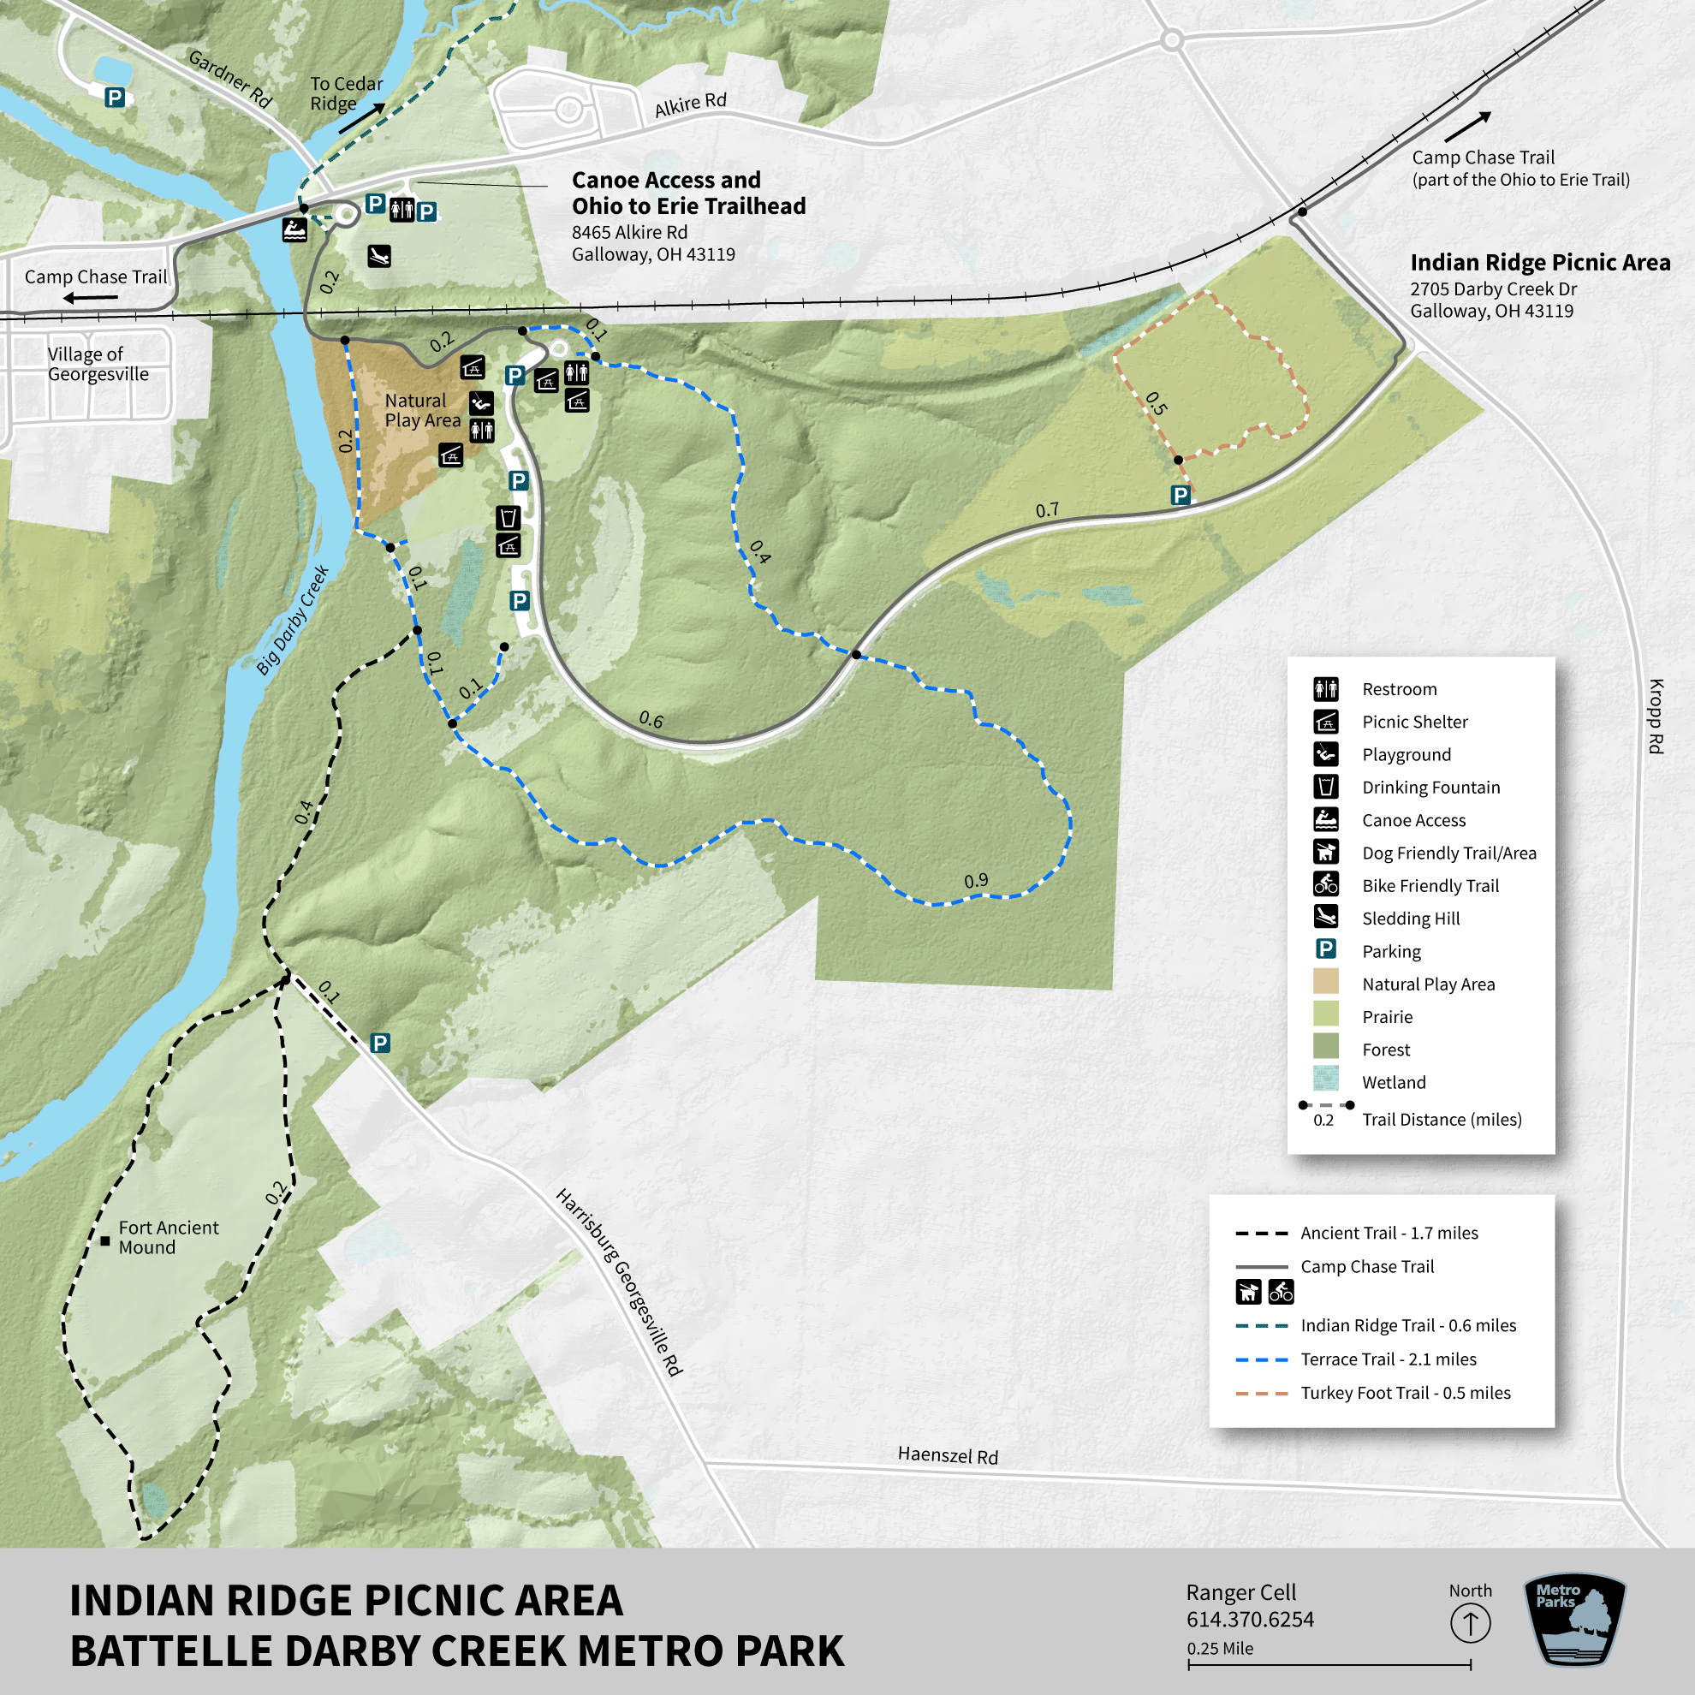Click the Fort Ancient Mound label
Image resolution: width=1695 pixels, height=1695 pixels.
(168, 1237)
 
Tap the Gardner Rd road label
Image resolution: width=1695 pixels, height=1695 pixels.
(230, 79)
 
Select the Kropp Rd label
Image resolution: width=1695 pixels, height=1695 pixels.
(1656, 716)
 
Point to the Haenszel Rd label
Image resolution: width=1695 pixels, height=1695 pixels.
(948, 1454)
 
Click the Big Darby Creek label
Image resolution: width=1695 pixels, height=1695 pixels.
(292, 620)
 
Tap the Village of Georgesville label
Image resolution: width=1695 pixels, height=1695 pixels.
(98, 364)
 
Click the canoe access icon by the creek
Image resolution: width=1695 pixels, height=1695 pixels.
(294, 230)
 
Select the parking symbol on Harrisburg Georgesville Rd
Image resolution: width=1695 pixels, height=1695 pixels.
(380, 1044)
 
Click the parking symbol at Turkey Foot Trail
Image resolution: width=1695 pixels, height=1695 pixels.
(1181, 496)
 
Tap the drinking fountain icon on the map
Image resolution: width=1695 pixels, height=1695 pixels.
(508, 517)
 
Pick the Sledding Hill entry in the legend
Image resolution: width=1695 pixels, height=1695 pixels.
(1410, 919)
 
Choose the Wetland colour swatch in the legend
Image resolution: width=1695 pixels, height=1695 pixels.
(1326, 1079)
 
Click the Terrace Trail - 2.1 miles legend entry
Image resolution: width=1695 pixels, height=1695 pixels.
(1387, 1359)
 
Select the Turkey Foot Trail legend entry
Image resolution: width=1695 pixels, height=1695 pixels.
(1405, 1392)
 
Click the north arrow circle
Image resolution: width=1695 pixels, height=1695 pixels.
(1471, 1623)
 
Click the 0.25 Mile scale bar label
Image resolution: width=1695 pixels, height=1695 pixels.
(1220, 1649)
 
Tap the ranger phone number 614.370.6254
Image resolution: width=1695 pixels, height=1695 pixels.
(1249, 1620)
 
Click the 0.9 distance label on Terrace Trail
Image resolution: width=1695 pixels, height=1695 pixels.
(976, 881)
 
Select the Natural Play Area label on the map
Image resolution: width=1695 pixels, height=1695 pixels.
(422, 410)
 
